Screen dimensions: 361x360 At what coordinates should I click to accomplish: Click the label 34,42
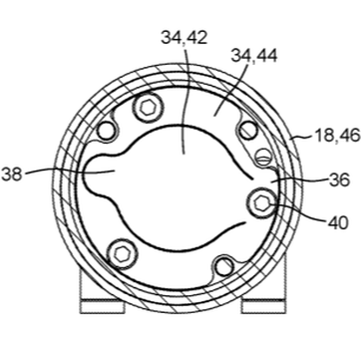click(x=184, y=38)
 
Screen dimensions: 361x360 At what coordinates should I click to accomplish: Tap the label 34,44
click(x=254, y=56)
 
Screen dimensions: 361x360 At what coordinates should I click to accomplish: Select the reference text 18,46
click(x=337, y=136)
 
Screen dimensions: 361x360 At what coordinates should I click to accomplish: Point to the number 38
click(x=11, y=175)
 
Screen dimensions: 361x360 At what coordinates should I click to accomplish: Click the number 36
click(x=339, y=180)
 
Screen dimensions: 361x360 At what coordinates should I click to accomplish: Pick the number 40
click(x=338, y=222)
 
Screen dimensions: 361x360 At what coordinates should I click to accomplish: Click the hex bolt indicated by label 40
click(x=262, y=202)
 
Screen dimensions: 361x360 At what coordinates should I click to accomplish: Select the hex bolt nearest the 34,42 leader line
click(x=148, y=108)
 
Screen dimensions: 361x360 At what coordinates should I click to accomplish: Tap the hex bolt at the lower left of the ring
click(x=122, y=254)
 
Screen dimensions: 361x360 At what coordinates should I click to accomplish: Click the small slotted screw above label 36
click(x=262, y=157)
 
